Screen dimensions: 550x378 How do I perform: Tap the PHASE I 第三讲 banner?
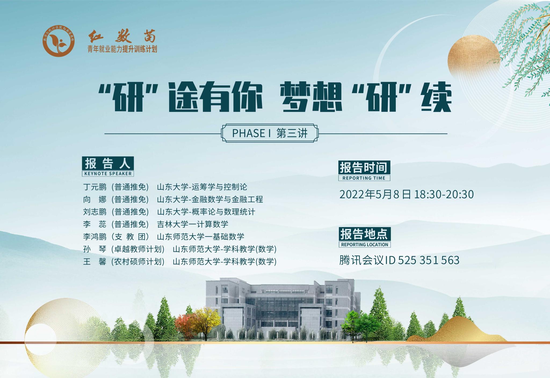coord(270,133)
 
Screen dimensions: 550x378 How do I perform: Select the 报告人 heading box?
coord(108,163)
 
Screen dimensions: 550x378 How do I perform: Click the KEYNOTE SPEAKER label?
coord(108,173)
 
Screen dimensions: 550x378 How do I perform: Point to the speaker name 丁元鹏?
coord(95,187)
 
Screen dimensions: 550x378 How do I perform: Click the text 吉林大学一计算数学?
coord(193,224)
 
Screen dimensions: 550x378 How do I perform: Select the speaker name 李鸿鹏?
coord(95,237)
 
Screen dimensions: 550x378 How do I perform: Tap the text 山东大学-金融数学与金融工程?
coord(210,199)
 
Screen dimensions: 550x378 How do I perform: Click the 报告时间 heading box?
coord(364,168)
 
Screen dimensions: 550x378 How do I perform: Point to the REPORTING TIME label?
coord(364,178)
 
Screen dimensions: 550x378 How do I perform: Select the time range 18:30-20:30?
coord(444,194)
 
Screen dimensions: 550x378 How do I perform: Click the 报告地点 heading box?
coord(364,234)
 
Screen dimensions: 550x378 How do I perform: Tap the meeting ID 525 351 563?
coord(429,260)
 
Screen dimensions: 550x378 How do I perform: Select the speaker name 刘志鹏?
coord(95,212)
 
